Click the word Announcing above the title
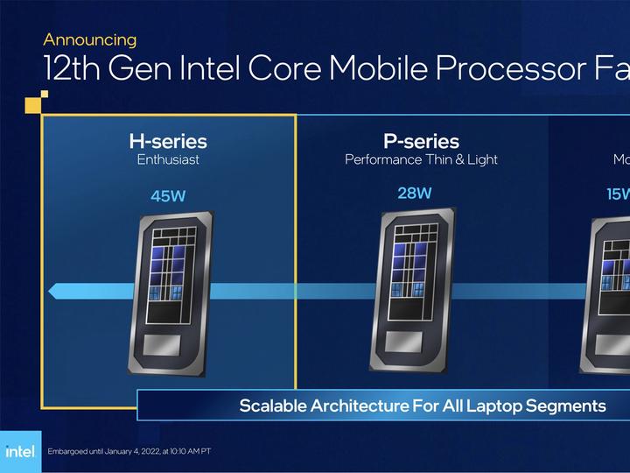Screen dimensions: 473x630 89,39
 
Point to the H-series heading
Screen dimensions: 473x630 168,141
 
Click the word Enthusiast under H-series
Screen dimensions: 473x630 168,160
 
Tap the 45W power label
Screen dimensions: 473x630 168,196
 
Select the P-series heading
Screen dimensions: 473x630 421,141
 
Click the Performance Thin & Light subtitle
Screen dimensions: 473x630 421,160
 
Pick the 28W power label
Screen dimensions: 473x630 415,193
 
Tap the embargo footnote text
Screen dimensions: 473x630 129,451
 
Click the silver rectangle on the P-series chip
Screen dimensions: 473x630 410,340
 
